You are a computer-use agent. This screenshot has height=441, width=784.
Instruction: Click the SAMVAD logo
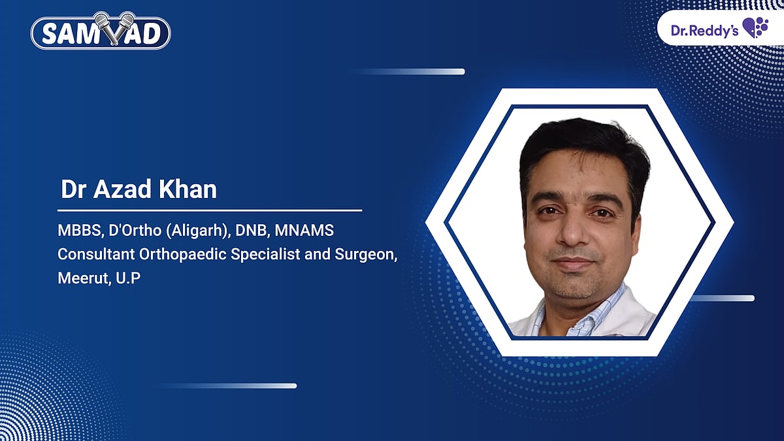101,31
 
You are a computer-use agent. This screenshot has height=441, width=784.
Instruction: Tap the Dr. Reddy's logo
719,28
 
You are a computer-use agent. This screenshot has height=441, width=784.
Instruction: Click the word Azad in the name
122,189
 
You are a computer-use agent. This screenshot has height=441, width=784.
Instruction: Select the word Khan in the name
188,189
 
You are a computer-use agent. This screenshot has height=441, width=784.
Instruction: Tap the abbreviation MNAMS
304,231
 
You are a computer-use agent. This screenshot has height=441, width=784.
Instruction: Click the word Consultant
96,254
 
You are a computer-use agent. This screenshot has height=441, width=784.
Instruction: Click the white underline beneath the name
210,210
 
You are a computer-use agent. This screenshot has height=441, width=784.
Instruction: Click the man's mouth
574,262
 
